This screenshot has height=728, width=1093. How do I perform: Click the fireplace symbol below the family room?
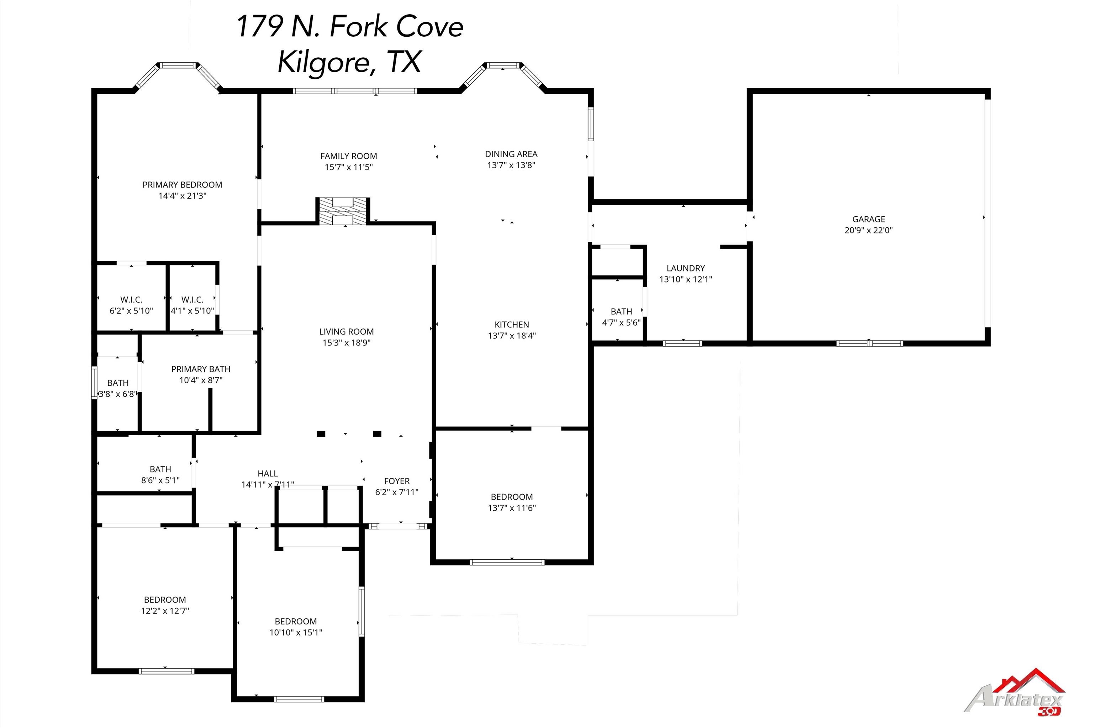click(343, 211)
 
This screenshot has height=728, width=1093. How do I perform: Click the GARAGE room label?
click(868, 219)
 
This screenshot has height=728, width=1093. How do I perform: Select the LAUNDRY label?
click(686, 268)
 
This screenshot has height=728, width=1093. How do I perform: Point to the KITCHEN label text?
click(512, 325)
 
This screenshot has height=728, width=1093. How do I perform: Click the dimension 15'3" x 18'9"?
click(346, 343)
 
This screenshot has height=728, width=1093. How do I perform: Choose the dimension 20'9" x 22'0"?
click(868, 230)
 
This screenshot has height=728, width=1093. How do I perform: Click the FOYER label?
click(397, 481)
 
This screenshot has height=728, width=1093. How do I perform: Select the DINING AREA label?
click(511, 154)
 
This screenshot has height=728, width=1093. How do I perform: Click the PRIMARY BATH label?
click(201, 369)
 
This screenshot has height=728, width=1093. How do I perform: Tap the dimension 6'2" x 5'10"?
click(131, 311)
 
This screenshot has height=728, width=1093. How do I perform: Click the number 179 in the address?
click(260, 26)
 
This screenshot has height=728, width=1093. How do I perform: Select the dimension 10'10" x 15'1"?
click(296, 632)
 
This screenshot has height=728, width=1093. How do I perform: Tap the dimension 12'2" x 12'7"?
click(165, 611)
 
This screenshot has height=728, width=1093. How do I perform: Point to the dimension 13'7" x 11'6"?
click(512, 508)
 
